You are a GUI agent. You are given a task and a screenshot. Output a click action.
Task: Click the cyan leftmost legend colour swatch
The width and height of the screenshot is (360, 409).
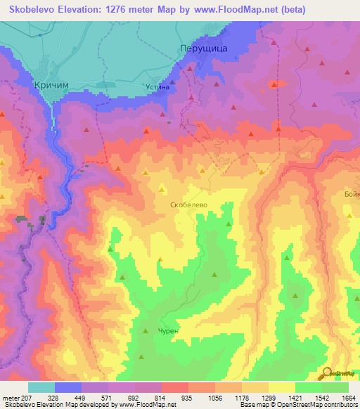point(41,387)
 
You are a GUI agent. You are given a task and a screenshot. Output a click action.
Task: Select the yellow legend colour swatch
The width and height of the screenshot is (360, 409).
point(281,387)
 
